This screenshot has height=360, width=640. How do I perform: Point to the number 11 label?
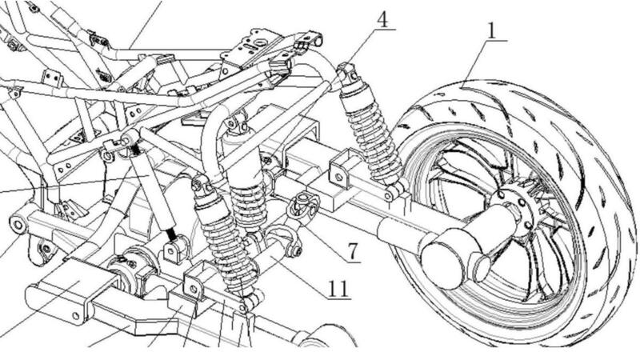click(x=338, y=287)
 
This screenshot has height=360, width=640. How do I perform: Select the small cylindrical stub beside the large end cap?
click(x=484, y=265)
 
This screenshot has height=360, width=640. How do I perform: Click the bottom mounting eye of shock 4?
click(x=393, y=191)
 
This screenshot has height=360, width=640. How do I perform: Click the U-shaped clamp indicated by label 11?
click(x=284, y=239)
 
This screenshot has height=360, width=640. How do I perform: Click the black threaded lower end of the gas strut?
click(x=170, y=235)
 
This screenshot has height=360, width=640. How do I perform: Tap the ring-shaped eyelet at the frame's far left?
click(x=18, y=222)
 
